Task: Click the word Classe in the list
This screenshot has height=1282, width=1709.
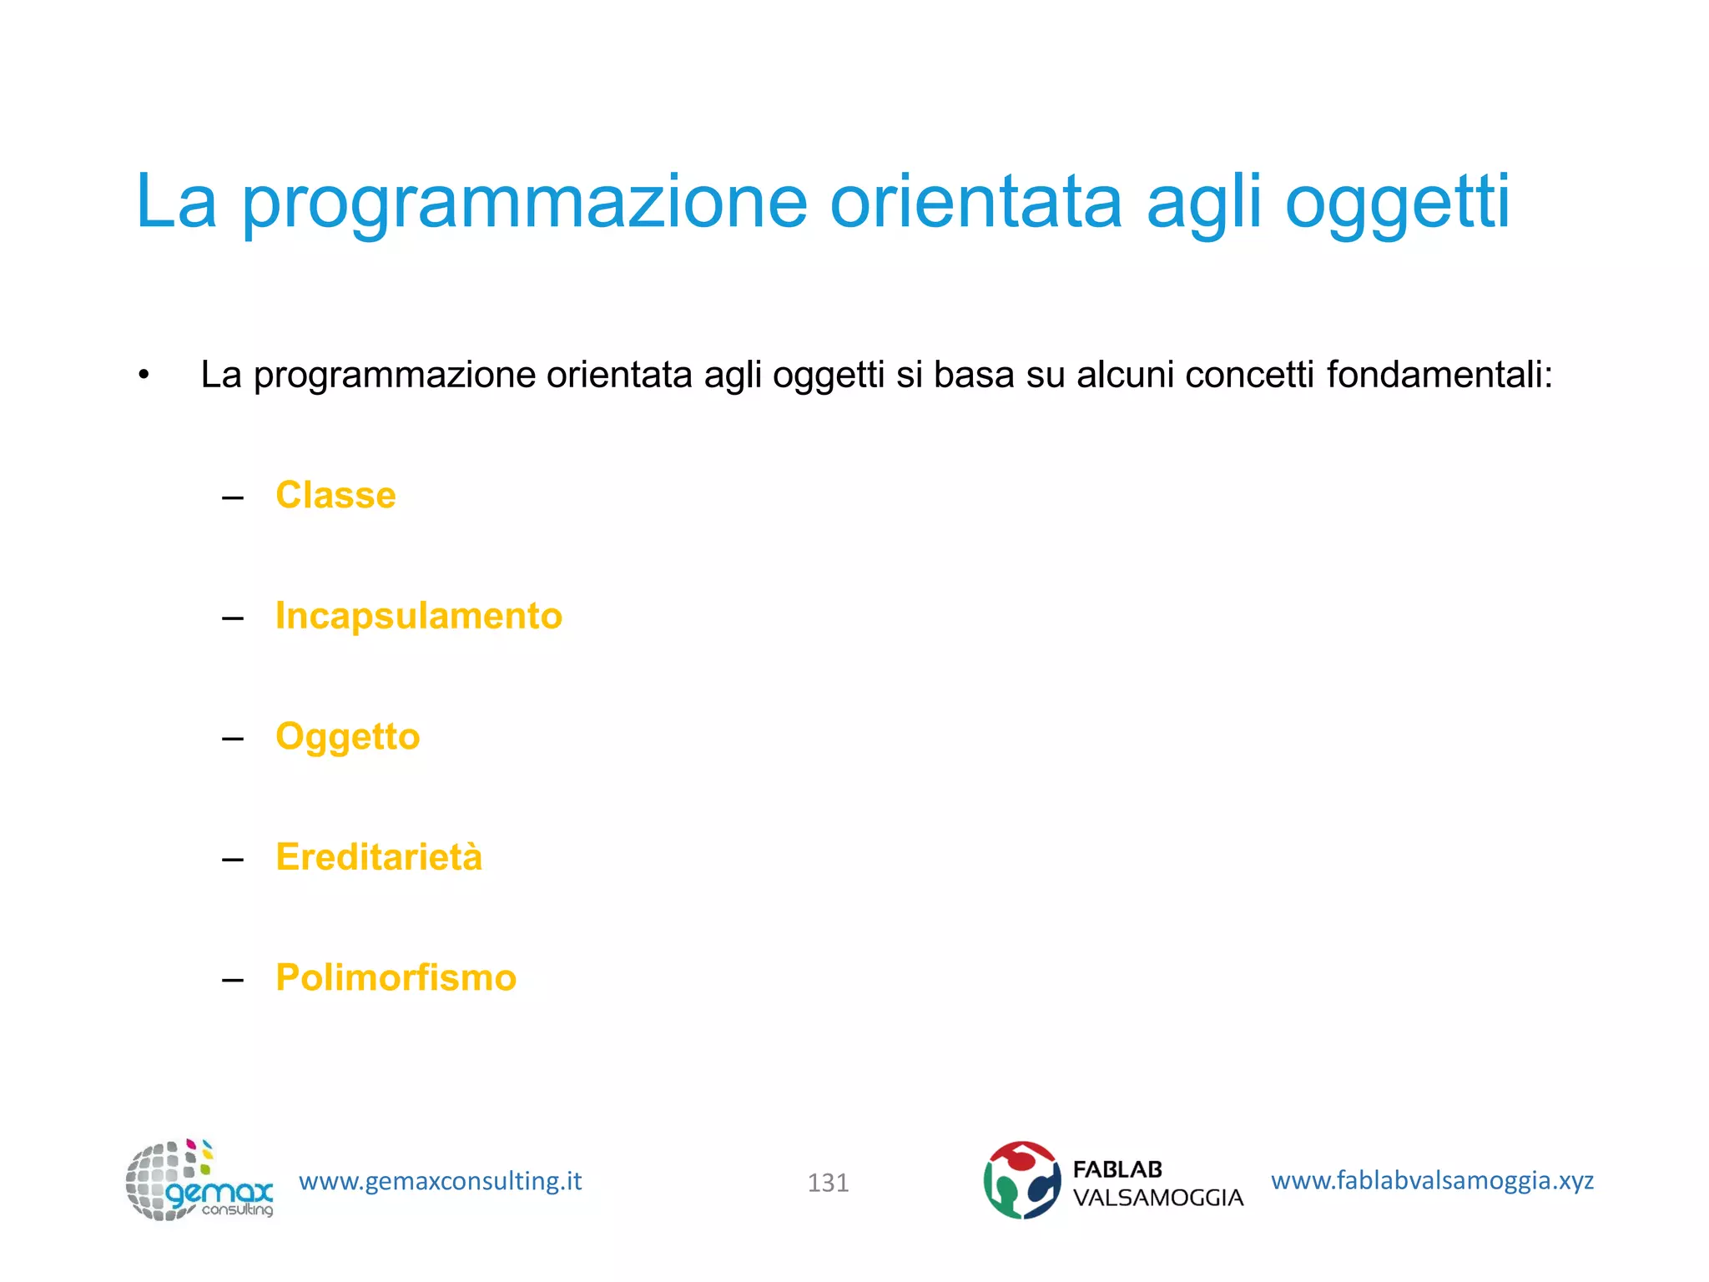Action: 335,495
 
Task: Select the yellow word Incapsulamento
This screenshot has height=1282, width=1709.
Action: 419,616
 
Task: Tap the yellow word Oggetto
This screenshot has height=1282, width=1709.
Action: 347,737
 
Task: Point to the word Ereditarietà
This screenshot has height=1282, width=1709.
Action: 379,857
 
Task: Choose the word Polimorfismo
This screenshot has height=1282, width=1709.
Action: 396,977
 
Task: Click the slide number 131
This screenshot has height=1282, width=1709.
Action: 828,1183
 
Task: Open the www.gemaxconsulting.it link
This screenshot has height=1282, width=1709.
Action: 440,1181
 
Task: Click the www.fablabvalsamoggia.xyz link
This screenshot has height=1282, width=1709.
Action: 1432,1180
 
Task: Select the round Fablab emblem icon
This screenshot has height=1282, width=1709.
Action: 1022,1180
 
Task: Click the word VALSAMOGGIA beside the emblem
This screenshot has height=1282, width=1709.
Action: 1157,1198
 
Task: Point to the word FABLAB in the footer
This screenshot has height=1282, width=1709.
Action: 1117,1169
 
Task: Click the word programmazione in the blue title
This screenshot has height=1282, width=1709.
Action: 525,202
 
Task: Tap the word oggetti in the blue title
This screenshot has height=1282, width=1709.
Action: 1397,202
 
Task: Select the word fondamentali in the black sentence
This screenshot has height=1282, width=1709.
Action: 1439,375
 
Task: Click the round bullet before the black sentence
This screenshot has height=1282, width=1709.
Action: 144,376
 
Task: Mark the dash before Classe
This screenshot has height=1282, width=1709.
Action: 233,498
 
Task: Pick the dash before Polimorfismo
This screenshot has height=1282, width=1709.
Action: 233,980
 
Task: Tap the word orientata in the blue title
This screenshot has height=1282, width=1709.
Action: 975,202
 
